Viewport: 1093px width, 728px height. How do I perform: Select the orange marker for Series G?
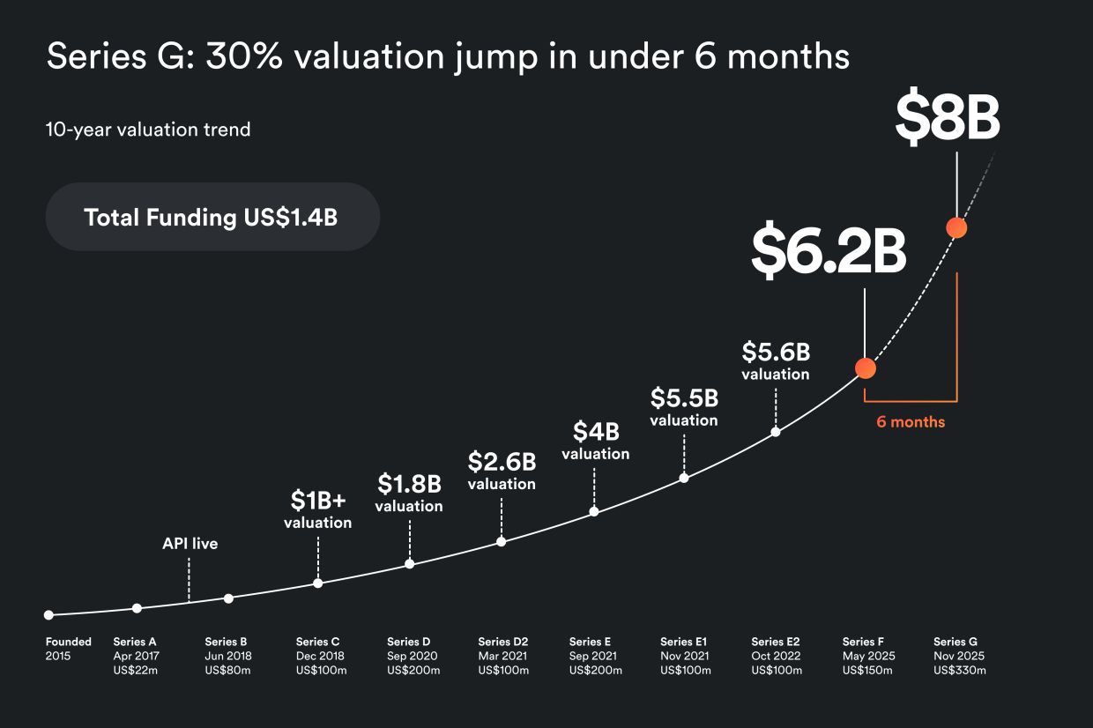pos(956,227)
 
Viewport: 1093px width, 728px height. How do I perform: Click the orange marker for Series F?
pos(866,368)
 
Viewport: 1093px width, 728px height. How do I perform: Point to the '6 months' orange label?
pos(910,422)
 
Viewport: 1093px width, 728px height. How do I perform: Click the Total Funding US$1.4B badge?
pos(212,217)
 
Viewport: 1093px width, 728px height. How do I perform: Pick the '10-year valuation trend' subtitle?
pos(148,130)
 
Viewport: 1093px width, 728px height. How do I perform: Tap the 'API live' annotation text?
pos(190,544)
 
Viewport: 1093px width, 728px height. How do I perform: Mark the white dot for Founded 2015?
pos(48,615)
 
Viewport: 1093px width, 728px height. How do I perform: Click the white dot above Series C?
pos(318,583)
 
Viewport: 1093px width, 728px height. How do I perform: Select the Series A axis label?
pos(135,642)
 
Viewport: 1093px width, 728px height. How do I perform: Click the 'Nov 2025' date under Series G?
pos(959,656)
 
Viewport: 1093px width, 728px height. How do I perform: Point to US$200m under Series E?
pos(595,671)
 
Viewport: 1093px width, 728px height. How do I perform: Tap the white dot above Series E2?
pos(776,432)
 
